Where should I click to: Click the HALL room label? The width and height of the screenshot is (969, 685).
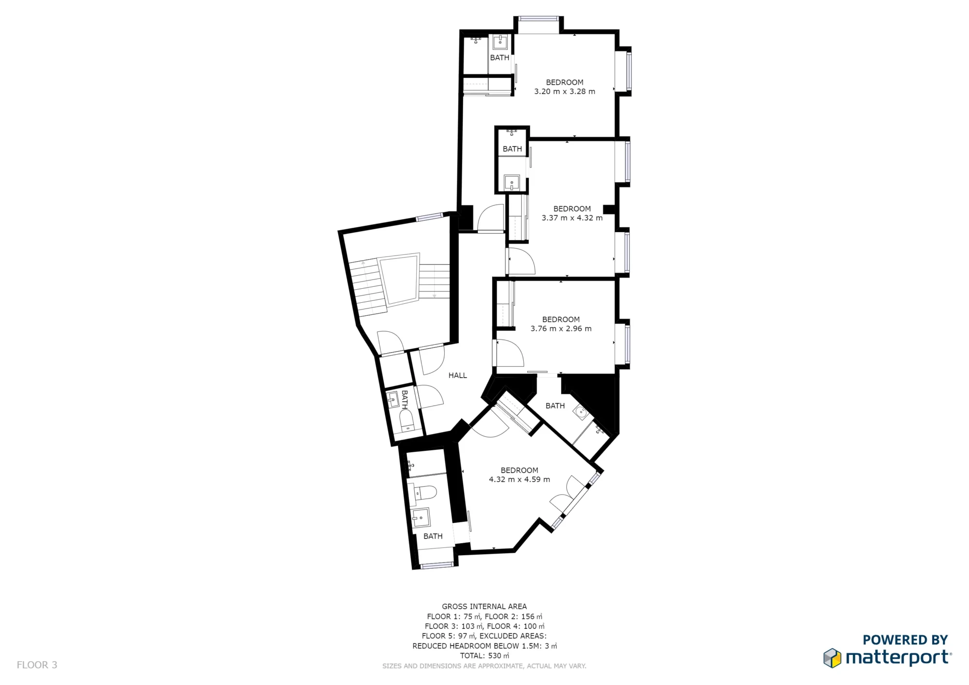tap(457, 375)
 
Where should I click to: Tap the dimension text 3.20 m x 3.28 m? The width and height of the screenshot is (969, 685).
tap(564, 92)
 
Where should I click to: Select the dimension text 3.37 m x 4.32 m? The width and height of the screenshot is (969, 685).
tap(572, 218)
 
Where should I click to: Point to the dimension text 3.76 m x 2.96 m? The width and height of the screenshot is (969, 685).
tap(561, 328)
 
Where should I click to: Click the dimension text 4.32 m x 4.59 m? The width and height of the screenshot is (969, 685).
tap(519, 480)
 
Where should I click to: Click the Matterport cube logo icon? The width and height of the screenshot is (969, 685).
tap(832, 658)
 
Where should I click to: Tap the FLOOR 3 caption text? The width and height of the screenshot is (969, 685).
tap(37, 665)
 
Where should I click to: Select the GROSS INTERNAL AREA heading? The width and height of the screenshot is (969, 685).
tap(484, 607)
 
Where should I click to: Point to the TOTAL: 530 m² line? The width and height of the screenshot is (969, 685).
tap(484, 656)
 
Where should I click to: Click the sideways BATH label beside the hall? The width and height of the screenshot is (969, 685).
tap(405, 400)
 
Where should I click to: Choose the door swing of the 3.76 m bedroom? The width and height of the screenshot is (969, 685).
tap(509, 354)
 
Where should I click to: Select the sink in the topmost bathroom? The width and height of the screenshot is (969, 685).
tap(500, 42)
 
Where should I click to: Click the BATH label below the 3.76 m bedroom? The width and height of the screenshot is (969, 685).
tap(555, 406)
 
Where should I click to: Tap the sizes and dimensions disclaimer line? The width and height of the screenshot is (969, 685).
tap(484, 666)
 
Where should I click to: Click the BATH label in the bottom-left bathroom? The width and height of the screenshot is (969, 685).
tap(433, 536)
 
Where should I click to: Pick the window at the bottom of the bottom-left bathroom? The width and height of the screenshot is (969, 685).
tap(437, 565)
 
